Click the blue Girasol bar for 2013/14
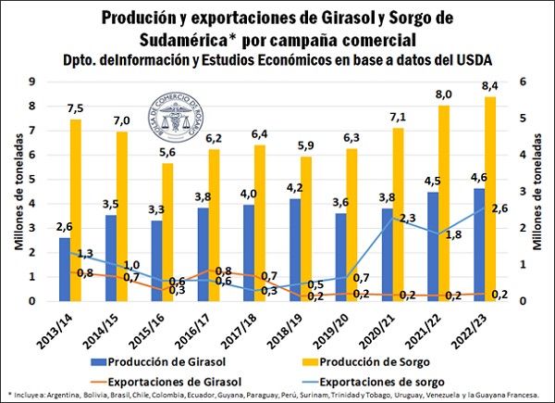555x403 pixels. [64, 270]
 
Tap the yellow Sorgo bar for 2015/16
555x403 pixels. [167, 233]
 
